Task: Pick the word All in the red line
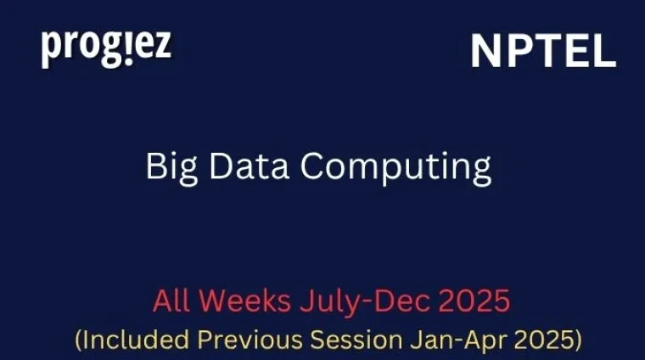pyautogui.click(x=171, y=301)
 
